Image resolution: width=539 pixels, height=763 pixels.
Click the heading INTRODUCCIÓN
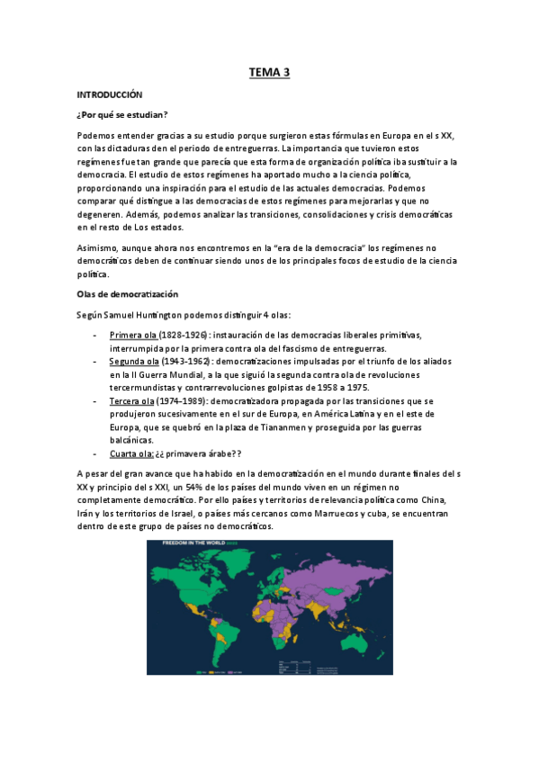pyautogui.click(x=110, y=94)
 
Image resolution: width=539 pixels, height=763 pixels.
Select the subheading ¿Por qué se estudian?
pyautogui.click(x=122, y=114)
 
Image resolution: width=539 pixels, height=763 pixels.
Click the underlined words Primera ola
pyautogui.click(x=132, y=336)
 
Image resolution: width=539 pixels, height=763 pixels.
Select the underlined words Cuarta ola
pyautogui.click(x=131, y=453)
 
